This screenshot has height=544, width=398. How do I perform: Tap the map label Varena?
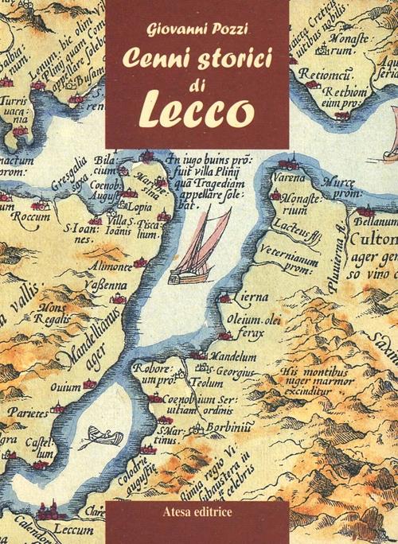click(292, 180)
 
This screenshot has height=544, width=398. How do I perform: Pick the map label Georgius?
click(236, 370)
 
